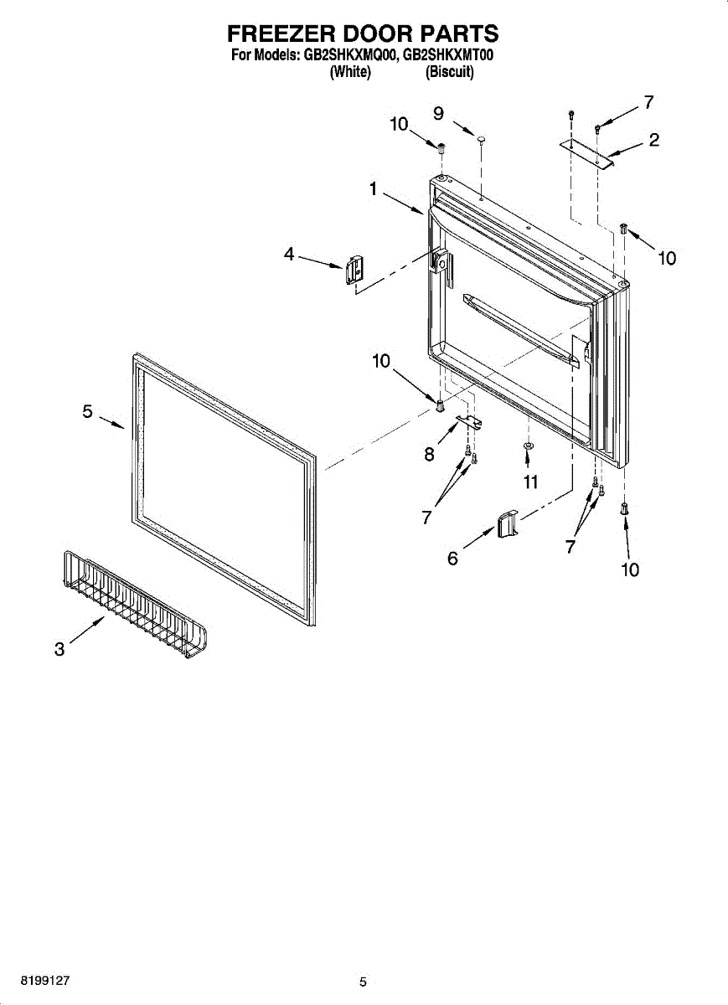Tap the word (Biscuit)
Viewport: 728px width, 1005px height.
(450, 73)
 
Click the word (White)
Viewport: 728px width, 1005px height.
(350, 73)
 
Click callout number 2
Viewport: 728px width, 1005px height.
(653, 140)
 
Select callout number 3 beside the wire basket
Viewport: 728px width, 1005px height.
(59, 649)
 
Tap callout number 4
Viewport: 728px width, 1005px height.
(289, 255)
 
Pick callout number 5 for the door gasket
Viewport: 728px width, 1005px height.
(87, 411)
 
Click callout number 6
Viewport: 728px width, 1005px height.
(452, 558)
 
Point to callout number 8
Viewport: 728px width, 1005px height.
(429, 454)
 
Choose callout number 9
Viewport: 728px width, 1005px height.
(438, 113)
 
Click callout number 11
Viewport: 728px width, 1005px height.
(529, 482)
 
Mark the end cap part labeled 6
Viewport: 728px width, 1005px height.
(508, 526)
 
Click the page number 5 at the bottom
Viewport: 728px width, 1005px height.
(363, 982)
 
